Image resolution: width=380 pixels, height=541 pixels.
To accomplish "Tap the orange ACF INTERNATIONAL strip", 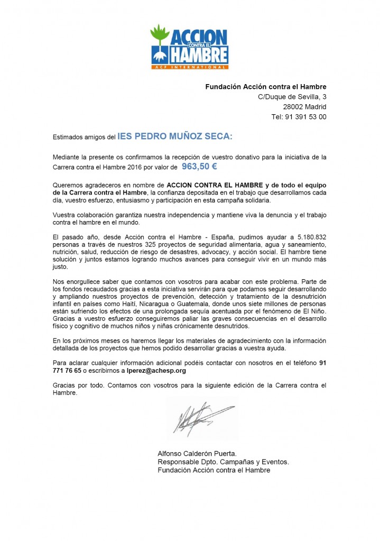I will [x=190, y=68].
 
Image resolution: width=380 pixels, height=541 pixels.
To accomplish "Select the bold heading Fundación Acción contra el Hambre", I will [x=265, y=87].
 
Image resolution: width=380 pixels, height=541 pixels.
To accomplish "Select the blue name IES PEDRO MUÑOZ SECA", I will [x=174, y=136].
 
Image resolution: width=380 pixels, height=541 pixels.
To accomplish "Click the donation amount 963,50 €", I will [x=199, y=167].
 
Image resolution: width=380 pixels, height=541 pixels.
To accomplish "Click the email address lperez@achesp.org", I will [x=159, y=371].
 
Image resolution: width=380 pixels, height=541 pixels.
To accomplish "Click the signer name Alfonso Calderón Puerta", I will [x=197, y=453].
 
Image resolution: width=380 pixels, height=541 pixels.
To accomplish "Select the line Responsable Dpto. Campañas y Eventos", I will [x=223, y=462].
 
